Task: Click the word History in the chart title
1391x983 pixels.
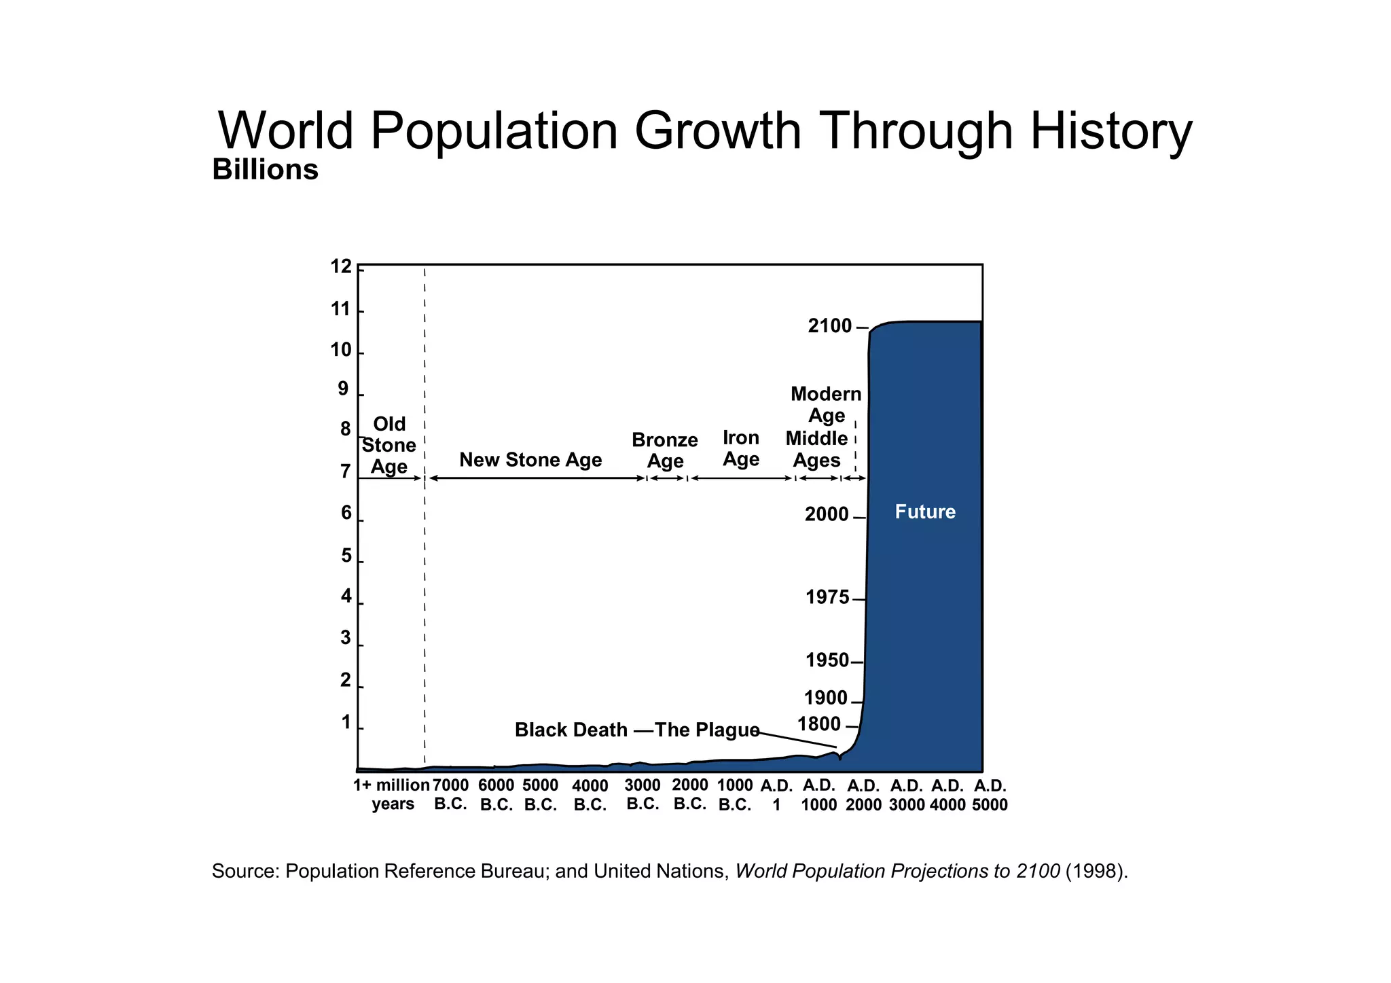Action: (x=1111, y=131)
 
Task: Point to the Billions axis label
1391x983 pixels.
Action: (x=265, y=170)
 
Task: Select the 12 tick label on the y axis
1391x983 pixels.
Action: (x=342, y=267)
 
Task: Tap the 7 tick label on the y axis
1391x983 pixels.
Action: (x=346, y=471)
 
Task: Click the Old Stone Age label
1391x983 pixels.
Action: (x=389, y=446)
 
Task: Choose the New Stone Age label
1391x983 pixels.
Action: (x=530, y=460)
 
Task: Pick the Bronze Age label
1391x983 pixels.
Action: (x=665, y=450)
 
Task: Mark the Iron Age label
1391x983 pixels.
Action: (x=741, y=448)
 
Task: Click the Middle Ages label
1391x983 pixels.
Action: (x=817, y=450)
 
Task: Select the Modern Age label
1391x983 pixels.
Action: (x=826, y=404)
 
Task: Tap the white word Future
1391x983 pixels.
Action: (x=925, y=512)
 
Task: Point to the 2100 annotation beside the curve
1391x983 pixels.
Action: (x=830, y=327)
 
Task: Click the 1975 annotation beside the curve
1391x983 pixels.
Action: (x=827, y=598)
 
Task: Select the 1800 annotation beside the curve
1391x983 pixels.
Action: (x=819, y=724)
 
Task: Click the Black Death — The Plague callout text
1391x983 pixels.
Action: (x=637, y=730)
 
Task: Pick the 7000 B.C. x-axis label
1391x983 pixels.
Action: (x=451, y=795)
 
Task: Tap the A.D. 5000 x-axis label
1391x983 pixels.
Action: (x=990, y=796)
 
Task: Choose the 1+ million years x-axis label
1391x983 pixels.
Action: (x=392, y=795)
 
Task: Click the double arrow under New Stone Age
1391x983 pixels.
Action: (x=537, y=478)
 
